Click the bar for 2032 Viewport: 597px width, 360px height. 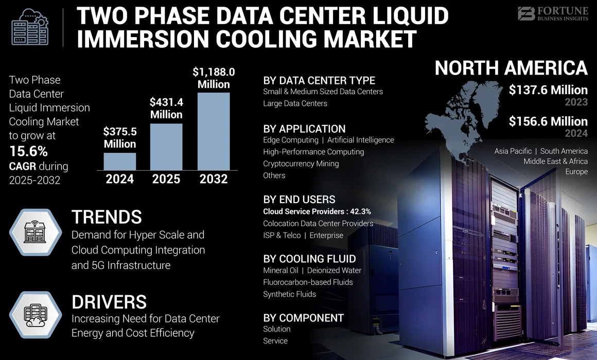point(214,131)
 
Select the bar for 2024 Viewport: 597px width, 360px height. point(120,161)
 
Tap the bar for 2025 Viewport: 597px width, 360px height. point(166,147)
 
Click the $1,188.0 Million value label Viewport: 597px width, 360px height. point(214,78)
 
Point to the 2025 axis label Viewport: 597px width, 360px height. point(166,179)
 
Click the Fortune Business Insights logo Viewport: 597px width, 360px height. point(552,14)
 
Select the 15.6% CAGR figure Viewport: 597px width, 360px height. point(28,151)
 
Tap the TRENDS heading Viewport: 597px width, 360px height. point(107,217)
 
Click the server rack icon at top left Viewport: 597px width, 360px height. point(29,27)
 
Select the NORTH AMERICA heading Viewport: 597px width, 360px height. point(511,68)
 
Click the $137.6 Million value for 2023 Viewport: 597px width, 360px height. point(548,90)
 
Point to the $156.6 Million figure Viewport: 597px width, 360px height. point(548,121)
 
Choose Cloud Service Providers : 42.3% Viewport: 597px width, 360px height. point(317,211)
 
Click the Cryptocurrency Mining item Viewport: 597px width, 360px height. point(301,164)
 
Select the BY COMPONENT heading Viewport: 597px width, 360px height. point(303,317)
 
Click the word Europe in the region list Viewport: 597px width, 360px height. point(576,172)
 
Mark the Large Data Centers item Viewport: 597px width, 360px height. point(295,103)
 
